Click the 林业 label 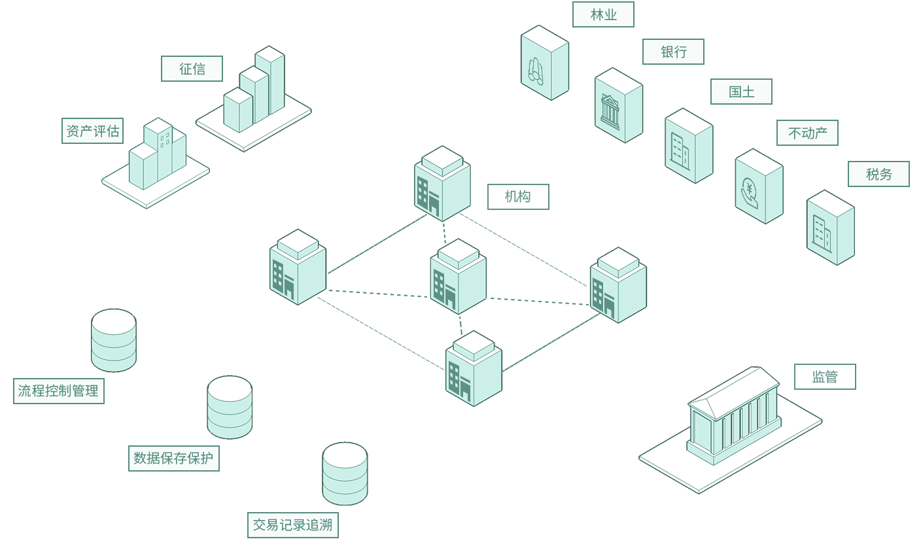(x=603, y=14)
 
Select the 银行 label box (x=673, y=52)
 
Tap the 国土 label (x=741, y=92)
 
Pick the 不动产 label (x=807, y=133)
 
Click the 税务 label (x=878, y=174)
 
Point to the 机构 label (x=518, y=197)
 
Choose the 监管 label (x=825, y=377)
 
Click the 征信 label (x=192, y=69)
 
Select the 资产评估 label (x=93, y=131)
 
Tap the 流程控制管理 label (x=59, y=391)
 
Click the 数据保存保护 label (x=173, y=458)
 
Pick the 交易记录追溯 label (x=292, y=525)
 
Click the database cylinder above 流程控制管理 (x=114, y=340)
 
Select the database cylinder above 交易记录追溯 (x=345, y=474)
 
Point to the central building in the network (x=458, y=276)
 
